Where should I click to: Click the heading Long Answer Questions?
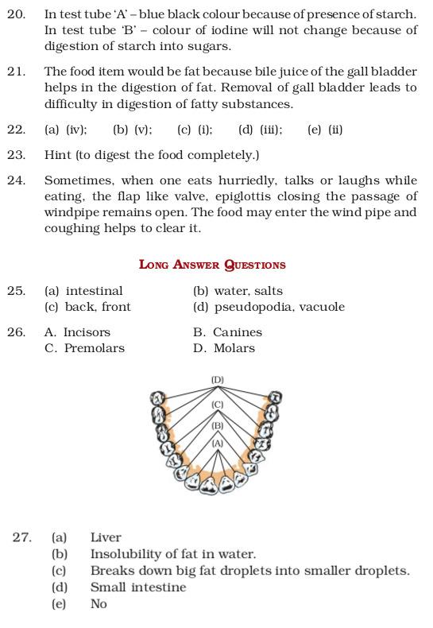(x=212, y=265)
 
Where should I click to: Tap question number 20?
(x=16, y=14)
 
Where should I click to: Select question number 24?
(x=16, y=180)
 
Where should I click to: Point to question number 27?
(x=22, y=537)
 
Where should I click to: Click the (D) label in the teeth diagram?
(x=217, y=380)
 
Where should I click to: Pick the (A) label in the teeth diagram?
(x=217, y=443)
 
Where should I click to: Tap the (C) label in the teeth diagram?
(x=217, y=405)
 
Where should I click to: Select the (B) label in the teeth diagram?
(x=217, y=425)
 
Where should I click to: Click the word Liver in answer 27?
(x=106, y=537)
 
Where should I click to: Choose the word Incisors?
(x=87, y=332)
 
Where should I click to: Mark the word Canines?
(x=237, y=332)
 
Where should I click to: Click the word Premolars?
(x=95, y=348)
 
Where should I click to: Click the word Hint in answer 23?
(x=58, y=155)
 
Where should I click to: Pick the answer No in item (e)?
(x=99, y=603)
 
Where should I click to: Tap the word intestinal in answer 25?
(x=94, y=291)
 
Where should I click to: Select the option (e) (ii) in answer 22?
(x=325, y=130)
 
